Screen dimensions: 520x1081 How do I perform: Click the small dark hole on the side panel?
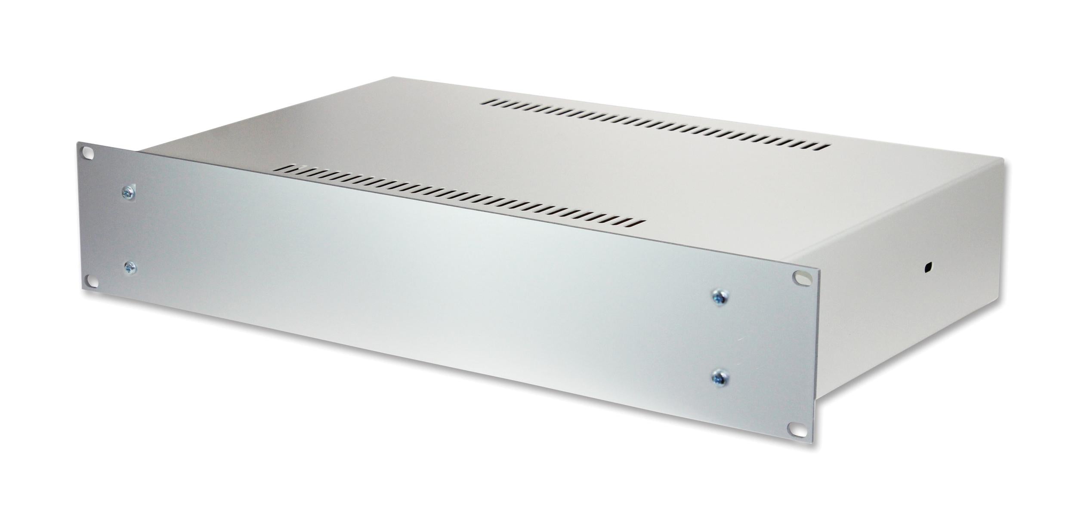(926, 268)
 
